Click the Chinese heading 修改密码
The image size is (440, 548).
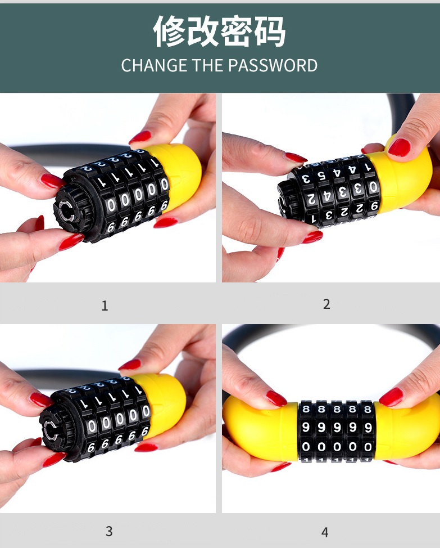click(220, 32)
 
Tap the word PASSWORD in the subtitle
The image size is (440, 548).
click(273, 66)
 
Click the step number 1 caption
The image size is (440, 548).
click(105, 306)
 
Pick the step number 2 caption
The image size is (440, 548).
click(326, 304)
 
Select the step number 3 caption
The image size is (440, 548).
click(109, 531)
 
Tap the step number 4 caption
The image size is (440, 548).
click(325, 533)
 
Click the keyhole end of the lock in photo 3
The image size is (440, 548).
click(52, 430)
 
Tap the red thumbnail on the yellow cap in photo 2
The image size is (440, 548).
click(399, 147)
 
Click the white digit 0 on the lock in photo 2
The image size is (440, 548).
click(373, 187)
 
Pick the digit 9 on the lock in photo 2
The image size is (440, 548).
click(374, 206)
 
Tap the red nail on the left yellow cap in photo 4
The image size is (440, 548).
click(276, 398)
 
